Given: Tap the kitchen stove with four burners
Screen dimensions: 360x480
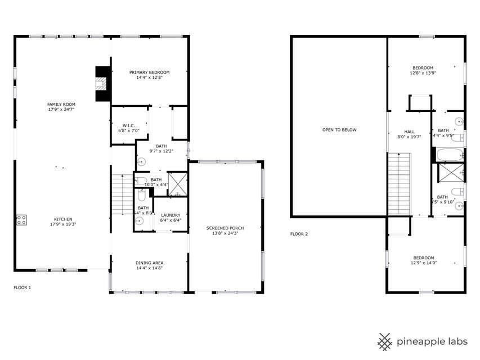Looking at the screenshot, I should click(x=22, y=220).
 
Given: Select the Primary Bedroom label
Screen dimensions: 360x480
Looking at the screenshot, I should click(x=149, y=72).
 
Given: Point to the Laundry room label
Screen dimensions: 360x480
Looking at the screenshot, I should click(x=171, y=215).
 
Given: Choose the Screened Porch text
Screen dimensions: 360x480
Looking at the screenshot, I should click(x=225, y=228).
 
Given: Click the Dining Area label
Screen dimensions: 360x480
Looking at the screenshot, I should click(x=149, y=263).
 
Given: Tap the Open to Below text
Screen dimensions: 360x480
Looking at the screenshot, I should click(x=339, y=130).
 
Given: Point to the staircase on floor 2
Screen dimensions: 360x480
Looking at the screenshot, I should click(x=400, y=183).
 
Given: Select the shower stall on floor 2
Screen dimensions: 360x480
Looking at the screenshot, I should click(x=450, y=173).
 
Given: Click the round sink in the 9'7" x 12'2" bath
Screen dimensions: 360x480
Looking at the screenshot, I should click(x=141, y=161).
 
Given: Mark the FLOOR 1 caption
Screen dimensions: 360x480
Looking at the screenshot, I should click(x=23, y=287).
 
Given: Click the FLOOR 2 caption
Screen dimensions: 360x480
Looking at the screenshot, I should click(x=299, y=234).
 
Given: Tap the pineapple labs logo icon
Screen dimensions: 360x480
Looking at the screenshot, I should click(x=384, y=341).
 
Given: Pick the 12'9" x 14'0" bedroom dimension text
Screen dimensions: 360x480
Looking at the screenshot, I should click(x=423, y=263).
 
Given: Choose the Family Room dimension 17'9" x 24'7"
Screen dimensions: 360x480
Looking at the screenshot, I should click(x=61, y=109).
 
